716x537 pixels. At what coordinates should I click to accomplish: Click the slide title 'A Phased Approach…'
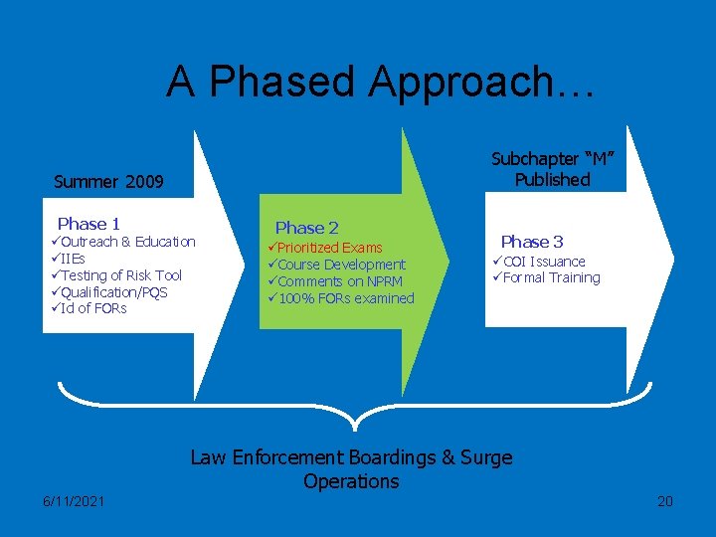381,82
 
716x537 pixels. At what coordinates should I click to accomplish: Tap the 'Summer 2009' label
108,182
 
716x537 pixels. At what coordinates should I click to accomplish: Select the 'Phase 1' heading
89,224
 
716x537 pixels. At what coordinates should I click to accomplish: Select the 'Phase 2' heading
307,228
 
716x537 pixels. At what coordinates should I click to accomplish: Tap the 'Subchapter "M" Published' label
553,169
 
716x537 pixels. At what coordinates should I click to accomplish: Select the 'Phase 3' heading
532,242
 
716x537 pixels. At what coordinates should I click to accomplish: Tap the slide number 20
665,501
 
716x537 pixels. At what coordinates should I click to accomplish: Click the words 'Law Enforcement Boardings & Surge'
351,457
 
